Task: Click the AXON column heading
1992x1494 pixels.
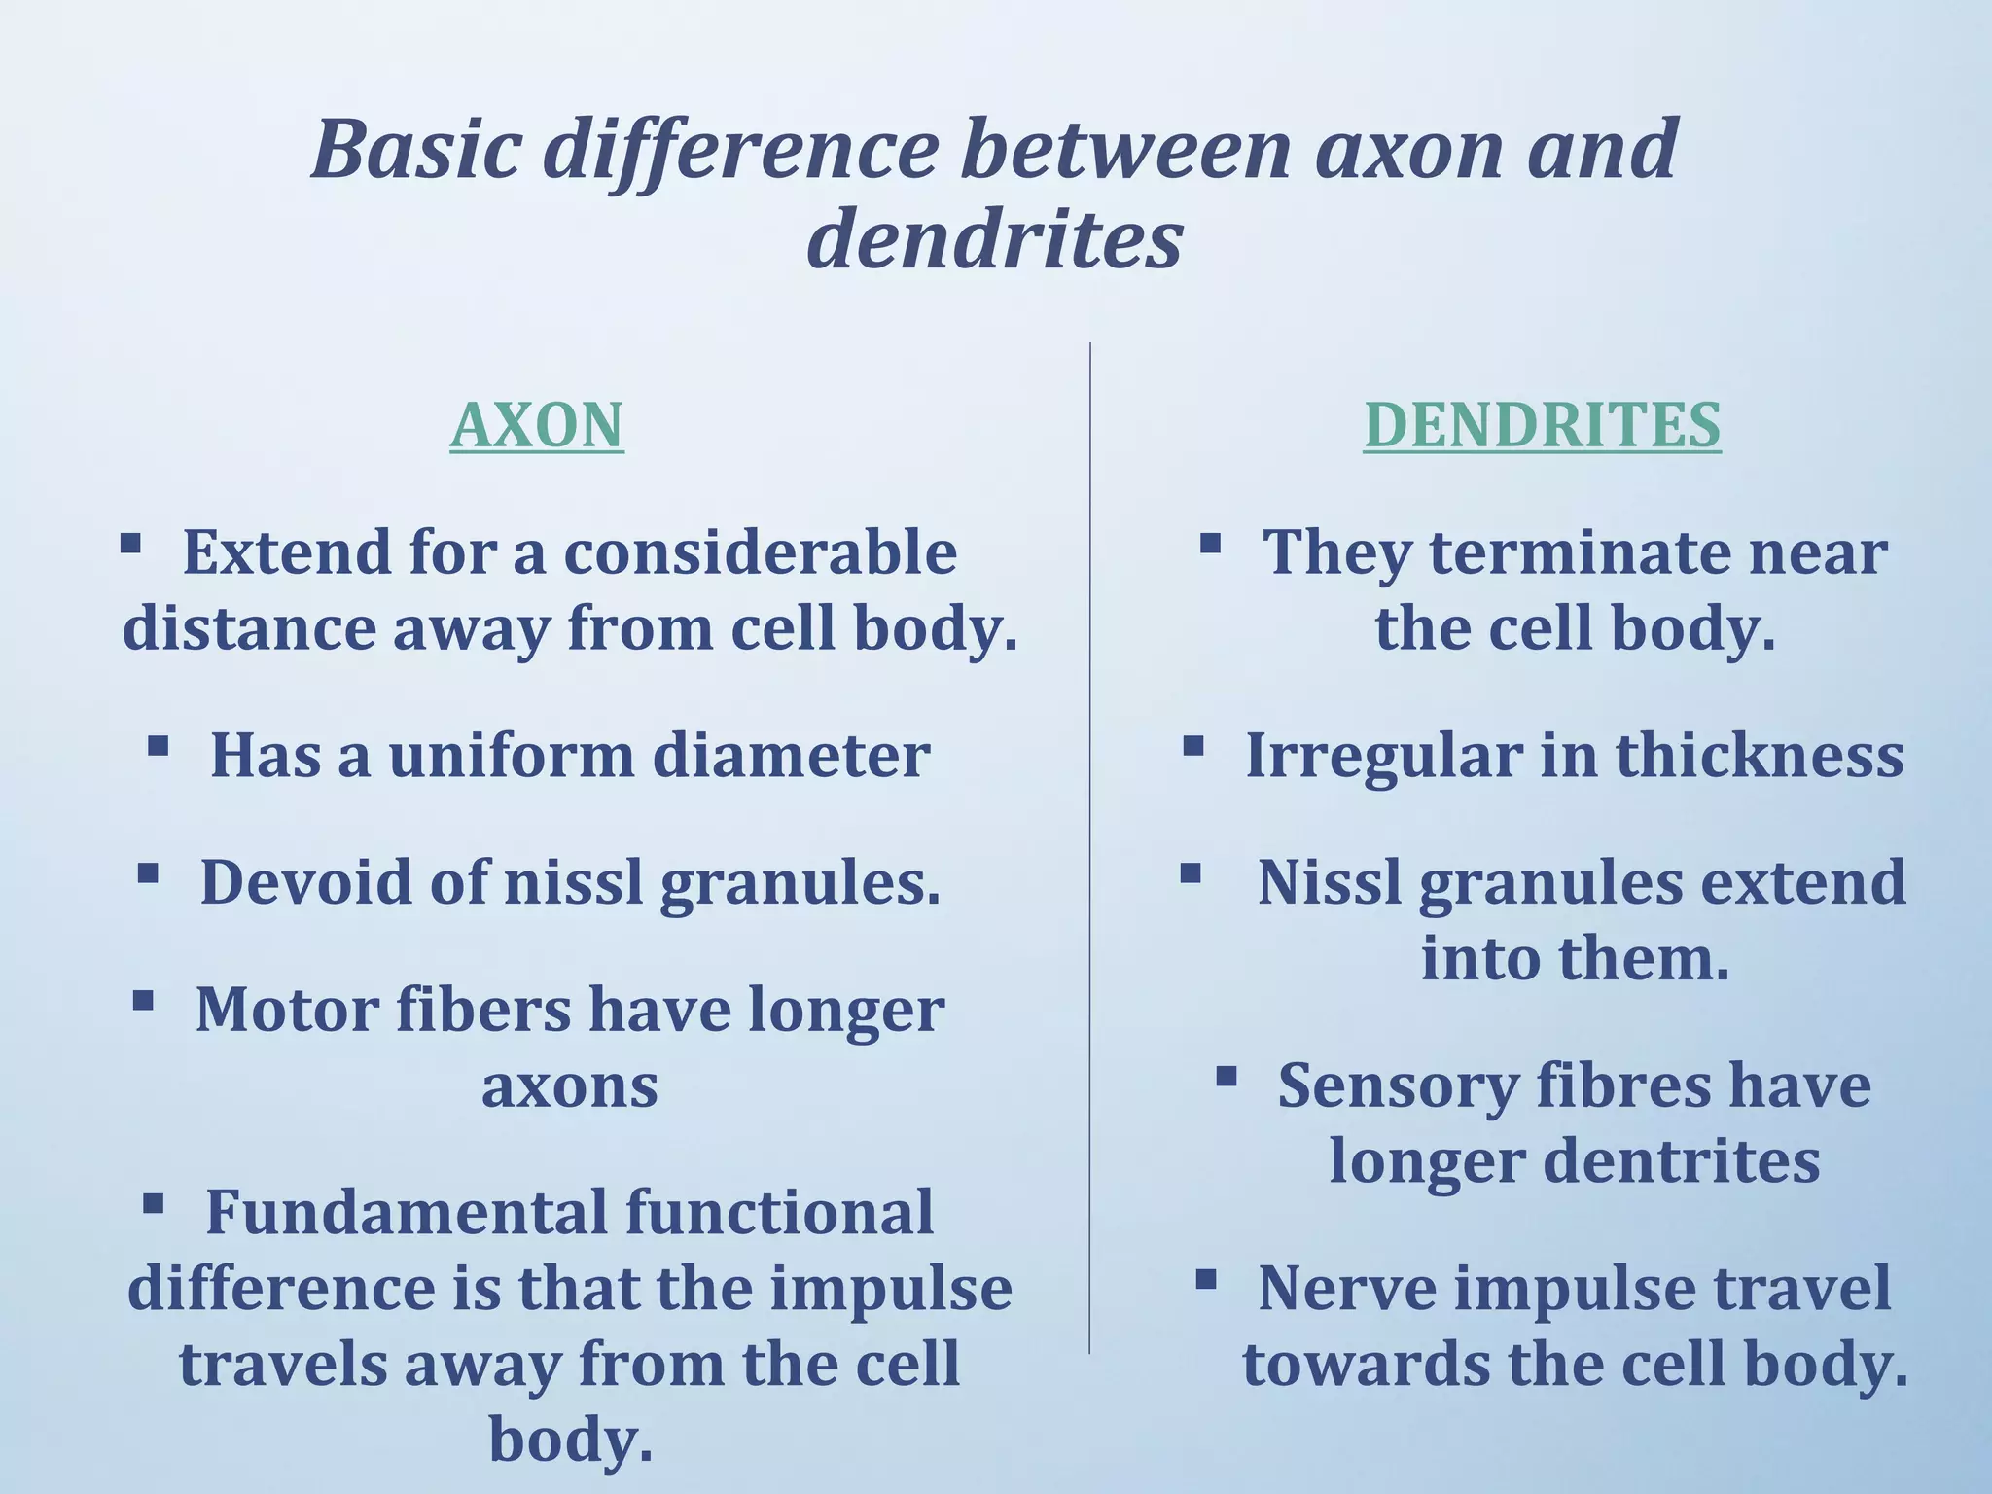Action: click(x=536, y=425)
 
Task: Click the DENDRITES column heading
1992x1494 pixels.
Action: click(x=1542, y=425)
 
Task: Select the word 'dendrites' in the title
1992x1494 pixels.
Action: click(x=994, y=240)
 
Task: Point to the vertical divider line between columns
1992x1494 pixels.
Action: click(x=1089, y=846)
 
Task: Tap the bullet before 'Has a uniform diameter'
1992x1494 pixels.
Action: click(x=159, y=746)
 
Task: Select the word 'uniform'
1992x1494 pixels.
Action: click(x=512, y=756)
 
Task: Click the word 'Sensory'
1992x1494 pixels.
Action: click(x=1397, y=1085)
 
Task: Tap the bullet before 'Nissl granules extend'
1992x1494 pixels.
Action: click(x=1191, y=872)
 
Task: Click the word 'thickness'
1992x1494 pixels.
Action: click(x=1760, y=756)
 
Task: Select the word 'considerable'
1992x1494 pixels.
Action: click(x=761, y=552)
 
